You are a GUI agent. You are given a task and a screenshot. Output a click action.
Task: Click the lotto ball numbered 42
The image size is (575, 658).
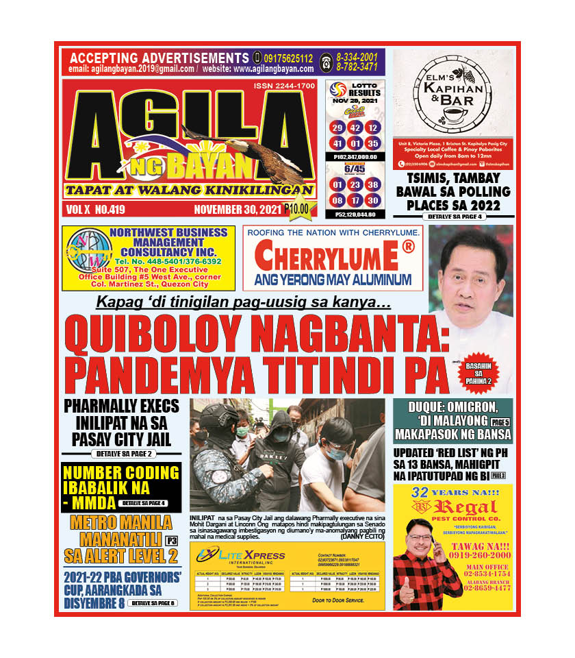click(x=355, y=128)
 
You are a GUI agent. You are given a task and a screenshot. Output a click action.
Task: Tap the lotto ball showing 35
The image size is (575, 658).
click(x=372, y=144)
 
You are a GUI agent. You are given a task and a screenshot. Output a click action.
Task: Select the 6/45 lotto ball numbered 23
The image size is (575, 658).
click(x=355, y=184)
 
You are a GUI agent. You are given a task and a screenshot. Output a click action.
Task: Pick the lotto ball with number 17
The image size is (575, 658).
click(x=355, y=200)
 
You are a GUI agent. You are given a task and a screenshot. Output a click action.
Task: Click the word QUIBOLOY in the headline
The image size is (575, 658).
click(x=158, y=334)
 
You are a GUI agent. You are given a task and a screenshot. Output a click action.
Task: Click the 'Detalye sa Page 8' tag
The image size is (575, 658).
click(x=153, y=603)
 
